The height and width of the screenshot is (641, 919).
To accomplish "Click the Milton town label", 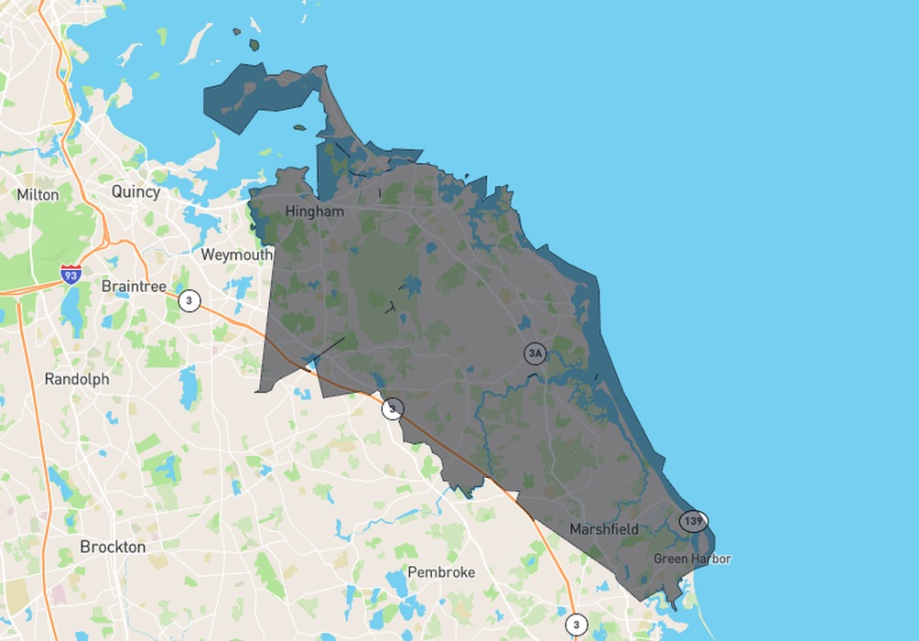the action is [x=38, y=194].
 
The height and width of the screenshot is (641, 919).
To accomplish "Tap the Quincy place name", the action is [x=135, y=191].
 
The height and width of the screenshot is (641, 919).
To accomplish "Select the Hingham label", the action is [x=314, y=212].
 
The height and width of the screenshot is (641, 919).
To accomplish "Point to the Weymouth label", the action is [x=236, y=254].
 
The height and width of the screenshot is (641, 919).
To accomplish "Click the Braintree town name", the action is [x=134, y=286].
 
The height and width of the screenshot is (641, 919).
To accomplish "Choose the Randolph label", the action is [x=77, y=378].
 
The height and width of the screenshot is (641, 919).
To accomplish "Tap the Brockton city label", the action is [x=113, y=547].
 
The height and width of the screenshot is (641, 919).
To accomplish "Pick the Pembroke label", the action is [x=441, y=571].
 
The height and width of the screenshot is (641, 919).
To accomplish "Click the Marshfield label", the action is [x=604, y=528].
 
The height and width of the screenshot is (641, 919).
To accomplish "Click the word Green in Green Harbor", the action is [x=670, y=559].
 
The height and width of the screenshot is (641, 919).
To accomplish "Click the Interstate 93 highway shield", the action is [x=70, y=273].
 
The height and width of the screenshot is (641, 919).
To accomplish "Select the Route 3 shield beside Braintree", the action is [x=189, y=300].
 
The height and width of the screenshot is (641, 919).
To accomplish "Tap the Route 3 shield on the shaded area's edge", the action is [x=392, y=408].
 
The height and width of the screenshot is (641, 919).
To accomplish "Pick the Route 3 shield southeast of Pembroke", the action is [x=575, y=625].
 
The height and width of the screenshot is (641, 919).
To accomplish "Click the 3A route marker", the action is [x=535, y=353].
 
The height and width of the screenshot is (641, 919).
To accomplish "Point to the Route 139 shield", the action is [x=693, y=521].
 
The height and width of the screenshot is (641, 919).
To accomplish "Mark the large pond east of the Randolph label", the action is [x=189, y=387].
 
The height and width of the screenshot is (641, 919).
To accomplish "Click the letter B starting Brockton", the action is [x=85, y=547].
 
